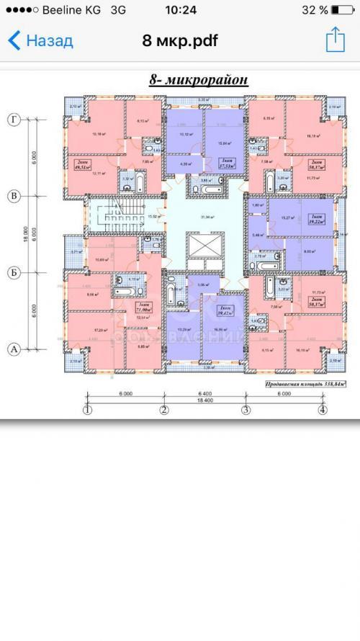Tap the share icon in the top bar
pyautogui.click(x=335, y=40)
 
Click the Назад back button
pyautogui.click(x=40, y=40)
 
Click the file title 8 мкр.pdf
pyautogui.click(x=180, y=40)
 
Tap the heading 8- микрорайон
pyautogui.click(x=199, y=80)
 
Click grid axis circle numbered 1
pyautogui.click(x=87, y=411)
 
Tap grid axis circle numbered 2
pyautogui.click(x=163, y=411)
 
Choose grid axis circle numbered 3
pyautogui.click(x=245, y=411)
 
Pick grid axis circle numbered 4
pyautogui.click(x=322, y=411)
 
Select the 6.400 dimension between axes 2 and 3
pyautogui.click(x=204, y=393)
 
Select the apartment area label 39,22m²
pyautogui.click(x=315, y=221)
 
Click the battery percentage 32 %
pyautogui.click(x=315, y=11)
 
